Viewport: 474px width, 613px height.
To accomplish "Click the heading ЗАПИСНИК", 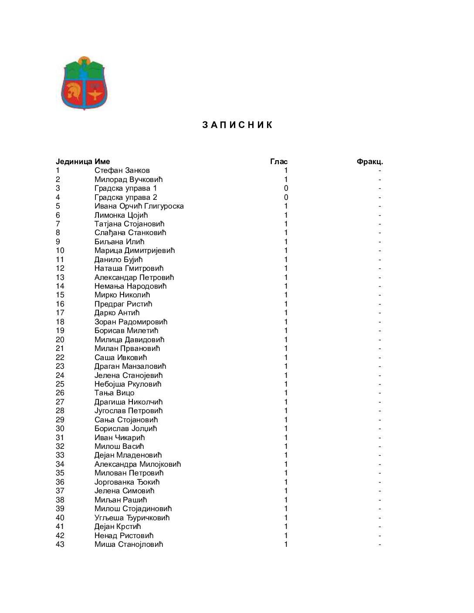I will [x=237, y=125].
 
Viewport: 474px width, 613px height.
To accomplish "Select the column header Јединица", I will [x=74, y=162].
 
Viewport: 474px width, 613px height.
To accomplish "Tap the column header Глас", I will [x=279, y=162].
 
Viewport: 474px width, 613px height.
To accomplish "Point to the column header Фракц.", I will [x=369, y=162].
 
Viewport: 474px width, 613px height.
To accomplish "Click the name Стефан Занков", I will [x=122, y=171].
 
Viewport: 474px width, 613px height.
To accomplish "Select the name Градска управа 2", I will [x=125, y=197].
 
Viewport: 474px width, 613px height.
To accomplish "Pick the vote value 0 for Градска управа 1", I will [x=286, y=189].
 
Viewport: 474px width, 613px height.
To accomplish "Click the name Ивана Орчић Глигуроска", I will [x=139, y=206].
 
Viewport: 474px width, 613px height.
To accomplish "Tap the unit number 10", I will [x=60, y=251].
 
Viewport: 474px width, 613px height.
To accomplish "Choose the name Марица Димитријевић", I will [x=134, y=251].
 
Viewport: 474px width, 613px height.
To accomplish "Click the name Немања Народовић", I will [x=130, y=286].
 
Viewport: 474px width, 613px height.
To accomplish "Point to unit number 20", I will [x=60, y=340].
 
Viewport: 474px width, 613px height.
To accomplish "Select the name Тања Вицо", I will [x=114, y=393].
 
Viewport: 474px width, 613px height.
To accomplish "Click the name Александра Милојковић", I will [x=137, y=464].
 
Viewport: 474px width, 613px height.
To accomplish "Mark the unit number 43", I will [x=60, y=544].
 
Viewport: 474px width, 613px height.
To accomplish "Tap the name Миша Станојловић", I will [x=129, y=544].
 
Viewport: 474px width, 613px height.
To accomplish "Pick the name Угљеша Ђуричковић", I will [x=132, y=518].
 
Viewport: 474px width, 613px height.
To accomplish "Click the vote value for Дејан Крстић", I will [x=286, y=526].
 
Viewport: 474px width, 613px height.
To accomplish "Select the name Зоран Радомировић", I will [x=131, y=322].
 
